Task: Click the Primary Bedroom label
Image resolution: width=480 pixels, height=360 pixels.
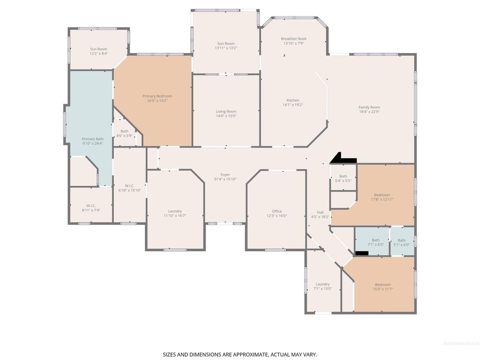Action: (157, 96)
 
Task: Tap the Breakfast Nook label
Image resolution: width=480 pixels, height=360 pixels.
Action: (293, 39)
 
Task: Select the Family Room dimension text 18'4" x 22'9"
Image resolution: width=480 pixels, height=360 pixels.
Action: (369, 112)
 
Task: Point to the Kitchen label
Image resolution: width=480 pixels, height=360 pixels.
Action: (292, 100)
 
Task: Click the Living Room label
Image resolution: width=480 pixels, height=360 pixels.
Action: (226, 112)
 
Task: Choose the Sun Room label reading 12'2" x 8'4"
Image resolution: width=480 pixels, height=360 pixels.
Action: (98, 49)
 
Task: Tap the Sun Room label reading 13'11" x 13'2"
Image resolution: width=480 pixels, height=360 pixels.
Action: (226, 44)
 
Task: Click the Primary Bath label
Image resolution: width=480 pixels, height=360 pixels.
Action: (93, 139)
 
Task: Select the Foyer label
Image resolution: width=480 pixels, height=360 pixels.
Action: (225, 175)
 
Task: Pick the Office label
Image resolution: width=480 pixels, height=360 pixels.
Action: (277, 211)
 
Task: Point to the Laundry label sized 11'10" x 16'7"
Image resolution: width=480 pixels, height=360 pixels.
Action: (175, 211)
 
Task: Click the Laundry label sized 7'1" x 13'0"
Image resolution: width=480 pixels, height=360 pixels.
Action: (322, 284)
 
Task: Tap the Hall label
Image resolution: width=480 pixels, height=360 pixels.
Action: (320, 212)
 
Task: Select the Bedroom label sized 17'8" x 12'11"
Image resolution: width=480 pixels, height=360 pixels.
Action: (382, 195)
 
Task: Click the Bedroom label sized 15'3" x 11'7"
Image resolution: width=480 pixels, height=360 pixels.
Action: (382, 285)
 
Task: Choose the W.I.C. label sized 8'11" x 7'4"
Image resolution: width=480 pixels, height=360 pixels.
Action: (91, 206)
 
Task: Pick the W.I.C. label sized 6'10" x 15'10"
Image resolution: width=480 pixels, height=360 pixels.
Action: (129, 186)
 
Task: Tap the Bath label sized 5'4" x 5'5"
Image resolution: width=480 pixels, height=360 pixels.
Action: (343, 176)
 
